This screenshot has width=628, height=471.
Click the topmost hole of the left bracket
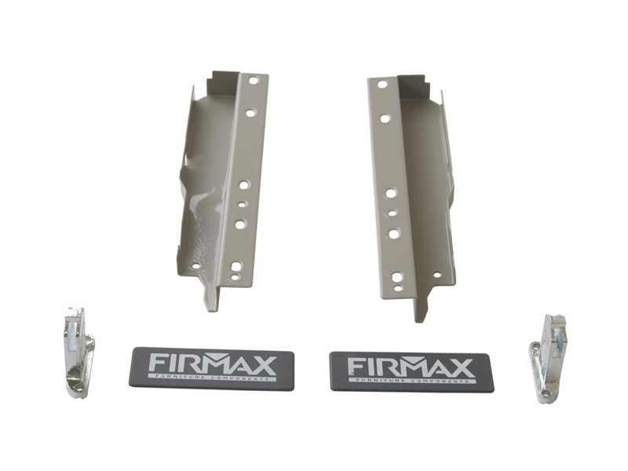(253, 81)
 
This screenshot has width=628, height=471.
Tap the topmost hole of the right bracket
(382, 85)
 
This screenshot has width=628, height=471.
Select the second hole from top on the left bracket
(250, 113)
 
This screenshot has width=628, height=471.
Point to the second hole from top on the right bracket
(385, 119)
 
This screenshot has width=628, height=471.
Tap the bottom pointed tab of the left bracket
(212, 298)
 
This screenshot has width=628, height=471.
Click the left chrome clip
(80, 352)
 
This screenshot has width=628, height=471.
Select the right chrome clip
(548, 359)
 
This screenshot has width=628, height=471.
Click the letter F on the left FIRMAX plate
(156, 364)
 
